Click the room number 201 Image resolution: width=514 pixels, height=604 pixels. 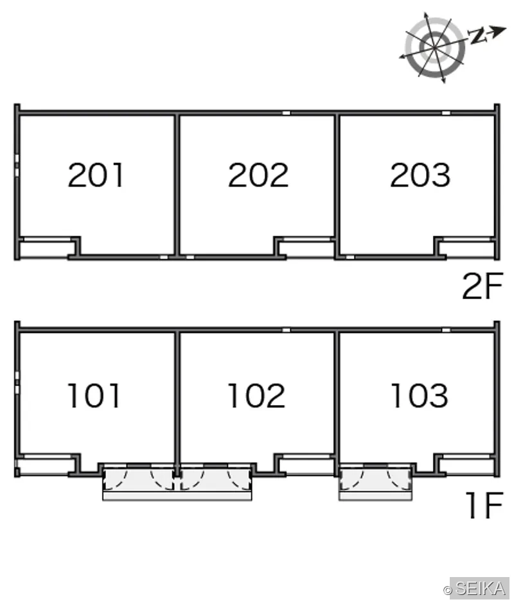point(96,175)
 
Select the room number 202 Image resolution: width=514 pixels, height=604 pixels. point(258,175)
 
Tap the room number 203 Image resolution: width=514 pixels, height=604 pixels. point(420,175)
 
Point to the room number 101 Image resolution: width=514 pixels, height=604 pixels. point(94,395)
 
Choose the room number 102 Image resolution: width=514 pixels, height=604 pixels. point(256,395)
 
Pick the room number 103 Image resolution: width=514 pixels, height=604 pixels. point(420,395)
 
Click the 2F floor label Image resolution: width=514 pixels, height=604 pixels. point(483,286)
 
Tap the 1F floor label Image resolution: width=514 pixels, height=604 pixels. point(484,505)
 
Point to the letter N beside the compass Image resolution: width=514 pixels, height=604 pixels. point(477,35)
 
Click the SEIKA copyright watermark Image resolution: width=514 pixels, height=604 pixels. point(476,588)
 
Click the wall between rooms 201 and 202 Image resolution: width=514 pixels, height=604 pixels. point(177,185)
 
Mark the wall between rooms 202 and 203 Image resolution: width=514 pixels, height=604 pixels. point(337,185)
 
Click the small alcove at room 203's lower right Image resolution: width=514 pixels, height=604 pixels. point(467,248)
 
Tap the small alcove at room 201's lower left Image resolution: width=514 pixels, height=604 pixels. point(46,248)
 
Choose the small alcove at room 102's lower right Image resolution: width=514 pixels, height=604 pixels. point(306,466)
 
